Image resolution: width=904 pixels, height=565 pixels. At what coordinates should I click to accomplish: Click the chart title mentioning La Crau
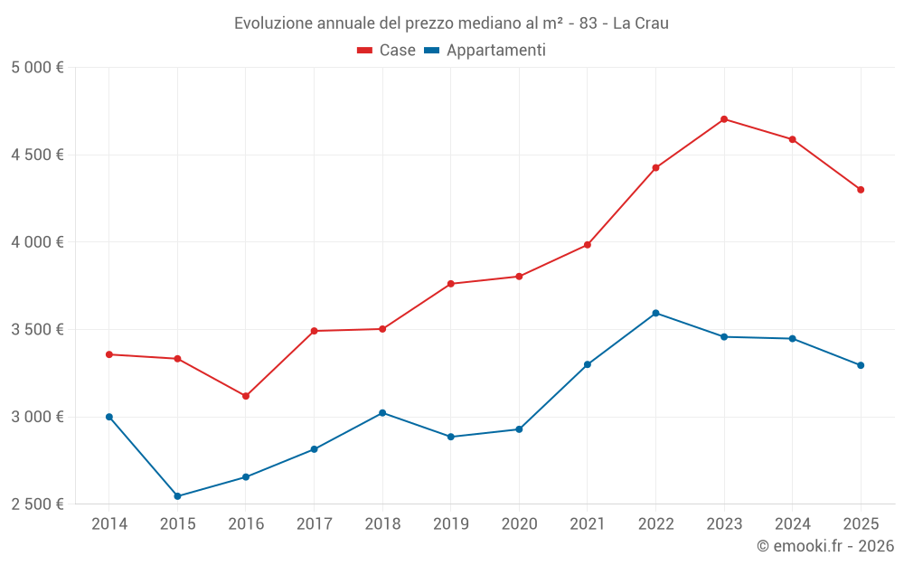click(x=451, y=24)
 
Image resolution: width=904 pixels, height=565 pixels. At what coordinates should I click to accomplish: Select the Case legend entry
click(x=386, y=51)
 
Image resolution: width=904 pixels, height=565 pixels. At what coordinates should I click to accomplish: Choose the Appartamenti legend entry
click(x=485, y=51)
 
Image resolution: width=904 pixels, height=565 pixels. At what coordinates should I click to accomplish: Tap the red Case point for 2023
click(x=724, y=119)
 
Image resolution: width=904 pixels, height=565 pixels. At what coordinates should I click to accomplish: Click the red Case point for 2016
click(x=246, y=396)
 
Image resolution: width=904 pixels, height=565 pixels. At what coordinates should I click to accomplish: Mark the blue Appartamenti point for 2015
click(x=177, y=496)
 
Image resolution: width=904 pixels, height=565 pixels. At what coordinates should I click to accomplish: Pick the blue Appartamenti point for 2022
click(x=655, y=313)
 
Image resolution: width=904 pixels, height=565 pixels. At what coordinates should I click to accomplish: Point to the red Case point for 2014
click(x=109, y=354)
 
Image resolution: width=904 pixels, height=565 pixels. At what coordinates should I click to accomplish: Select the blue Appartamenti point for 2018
click(x=382, y=413)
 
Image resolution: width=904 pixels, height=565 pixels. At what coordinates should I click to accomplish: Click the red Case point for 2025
click(x=861, y=190)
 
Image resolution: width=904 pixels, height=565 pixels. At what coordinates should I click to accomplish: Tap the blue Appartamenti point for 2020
click(x=519, y=429)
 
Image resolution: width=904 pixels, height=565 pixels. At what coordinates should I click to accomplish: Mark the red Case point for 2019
click(x=450, y=284)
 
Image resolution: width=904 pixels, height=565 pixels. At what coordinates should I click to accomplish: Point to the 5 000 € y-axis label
click(x=37, y=68)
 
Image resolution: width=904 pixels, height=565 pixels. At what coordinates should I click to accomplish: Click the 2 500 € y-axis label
click(x=37, y=504)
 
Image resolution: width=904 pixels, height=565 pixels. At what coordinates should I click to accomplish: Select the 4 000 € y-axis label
click(x=37, y=242)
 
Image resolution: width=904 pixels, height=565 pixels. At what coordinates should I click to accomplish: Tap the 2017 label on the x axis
click(x=314, y=524)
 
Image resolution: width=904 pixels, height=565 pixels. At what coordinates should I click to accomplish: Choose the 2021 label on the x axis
click(x=587, y=524)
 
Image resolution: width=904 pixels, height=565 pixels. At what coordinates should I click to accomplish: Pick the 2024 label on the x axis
click(x=792, y=524)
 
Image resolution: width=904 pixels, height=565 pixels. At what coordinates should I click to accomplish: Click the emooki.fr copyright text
click(x=824, y=546)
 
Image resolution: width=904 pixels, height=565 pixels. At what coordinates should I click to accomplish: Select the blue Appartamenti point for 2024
click(x=792, y=339)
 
